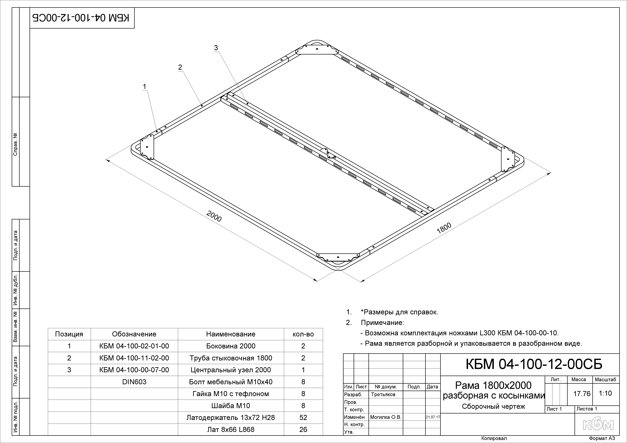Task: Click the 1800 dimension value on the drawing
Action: [444, 228]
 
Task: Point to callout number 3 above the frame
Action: [216, 48]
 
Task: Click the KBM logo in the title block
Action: [598, 425]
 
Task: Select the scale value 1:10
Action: [605, 393]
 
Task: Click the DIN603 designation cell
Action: [134, 382]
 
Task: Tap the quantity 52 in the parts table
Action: [303, 417]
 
